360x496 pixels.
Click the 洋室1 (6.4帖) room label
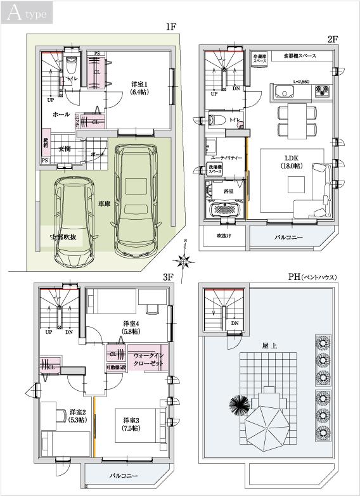click(x=139, y=87)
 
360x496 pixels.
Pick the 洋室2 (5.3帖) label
click(x=78, y=415)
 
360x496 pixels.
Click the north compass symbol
click(x=184, y=258)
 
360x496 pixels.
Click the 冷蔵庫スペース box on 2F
click(x=259, y=57)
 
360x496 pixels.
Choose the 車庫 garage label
click(x=105, y=204)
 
